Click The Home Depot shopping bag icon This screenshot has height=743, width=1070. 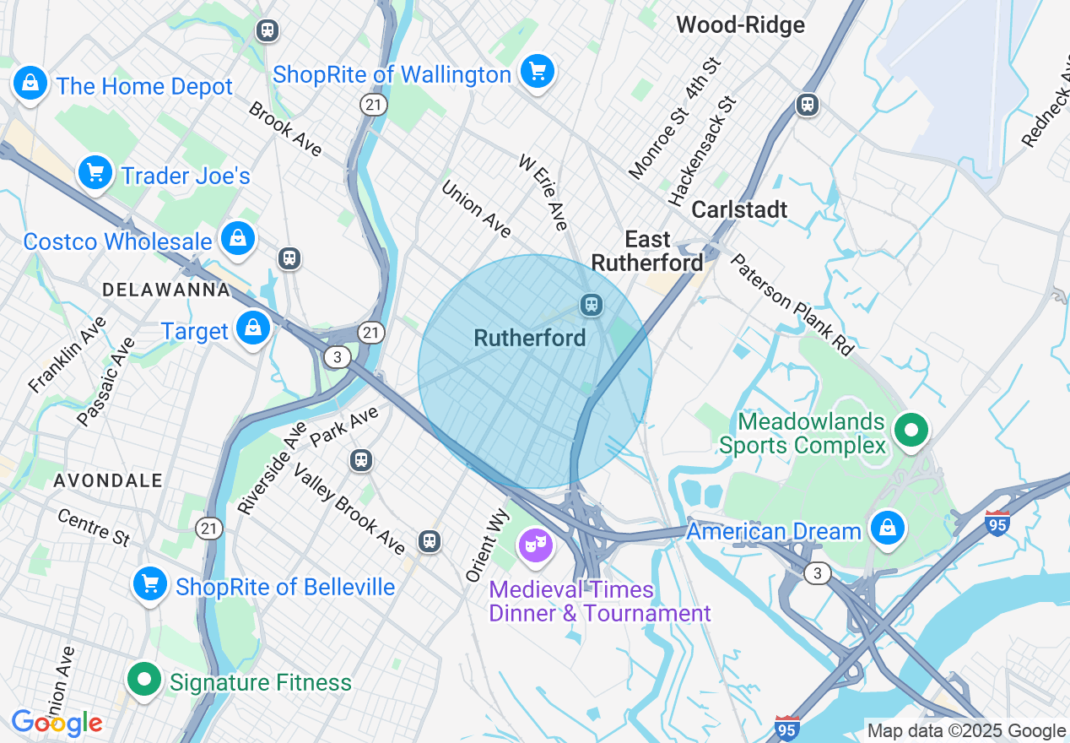(30, 84)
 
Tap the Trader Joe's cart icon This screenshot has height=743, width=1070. (95, 173)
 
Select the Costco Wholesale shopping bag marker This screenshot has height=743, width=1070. (239, 239)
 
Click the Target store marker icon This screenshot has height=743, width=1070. (252, 328)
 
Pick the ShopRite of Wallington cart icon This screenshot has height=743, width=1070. (537, 72)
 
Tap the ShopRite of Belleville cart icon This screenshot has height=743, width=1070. (149, 583)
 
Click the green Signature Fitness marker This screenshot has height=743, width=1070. (144, 679)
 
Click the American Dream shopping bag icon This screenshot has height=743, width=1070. (887, 529)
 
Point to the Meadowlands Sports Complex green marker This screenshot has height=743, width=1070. (911, 430)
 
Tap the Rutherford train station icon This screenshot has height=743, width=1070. (592, 304)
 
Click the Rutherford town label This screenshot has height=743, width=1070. (529, 338)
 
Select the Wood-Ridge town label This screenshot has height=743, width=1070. (740, 25)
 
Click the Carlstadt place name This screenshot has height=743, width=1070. (739, 209)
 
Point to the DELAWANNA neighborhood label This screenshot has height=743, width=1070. (166, 290)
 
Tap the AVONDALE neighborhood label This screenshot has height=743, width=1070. (108, 480)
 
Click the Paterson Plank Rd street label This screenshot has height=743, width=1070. (792, 303)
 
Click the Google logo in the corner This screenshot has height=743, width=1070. (57, 723)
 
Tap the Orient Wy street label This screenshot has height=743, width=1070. (488, 545)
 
